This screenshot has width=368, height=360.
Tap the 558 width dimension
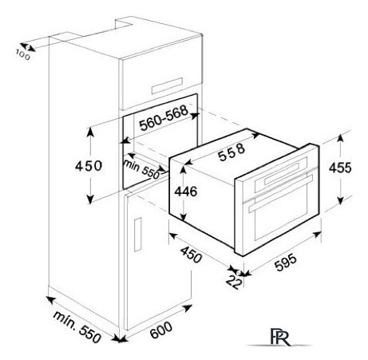click(231, 152)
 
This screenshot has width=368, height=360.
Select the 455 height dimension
click(340, 168)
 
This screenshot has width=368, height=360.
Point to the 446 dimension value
click(186, 192)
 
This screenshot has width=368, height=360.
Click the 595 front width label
click(285, 263)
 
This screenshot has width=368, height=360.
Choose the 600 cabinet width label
click(161, 330)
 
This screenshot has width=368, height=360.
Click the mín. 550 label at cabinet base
click(77, 326)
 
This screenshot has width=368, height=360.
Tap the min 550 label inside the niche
click(141, 169)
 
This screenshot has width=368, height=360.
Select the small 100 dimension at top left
click(23, 55)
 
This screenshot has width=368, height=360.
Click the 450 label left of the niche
click(89, 166)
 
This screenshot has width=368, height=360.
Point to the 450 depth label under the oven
click(191, 254)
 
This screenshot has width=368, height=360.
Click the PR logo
click(279, 337)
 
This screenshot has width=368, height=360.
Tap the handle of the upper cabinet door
click(168, 85)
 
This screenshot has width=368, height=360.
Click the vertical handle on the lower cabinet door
click(138, 235)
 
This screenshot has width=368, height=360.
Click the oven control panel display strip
click(282, 173)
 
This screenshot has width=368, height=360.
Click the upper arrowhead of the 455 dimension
click(340, 138)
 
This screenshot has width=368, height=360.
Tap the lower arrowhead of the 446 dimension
click(184, 217)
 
